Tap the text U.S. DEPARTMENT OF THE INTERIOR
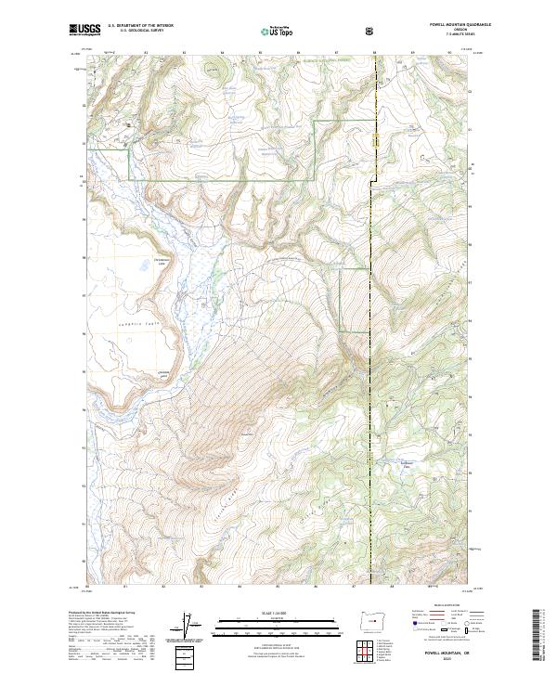[x=140, y=26]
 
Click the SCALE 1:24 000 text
[x=278, y=612]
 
